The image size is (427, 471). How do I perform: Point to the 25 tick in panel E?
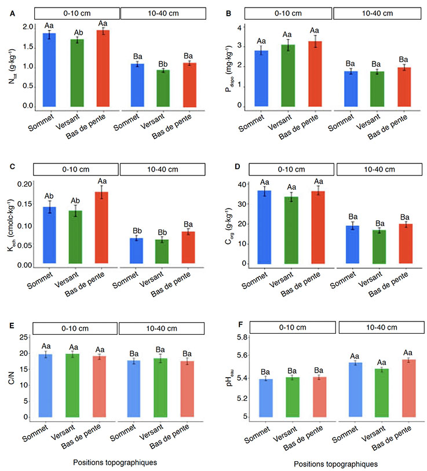click(24, 337)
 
